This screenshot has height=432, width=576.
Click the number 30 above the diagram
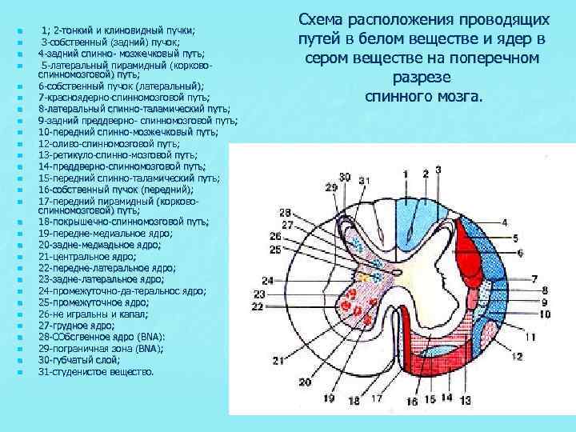coord(344,177)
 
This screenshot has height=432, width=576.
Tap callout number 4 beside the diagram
coord(505,222)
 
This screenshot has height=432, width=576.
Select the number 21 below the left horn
coord(279,362)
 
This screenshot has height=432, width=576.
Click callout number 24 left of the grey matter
coord(266,280)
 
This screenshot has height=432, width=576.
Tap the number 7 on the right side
coord(534,278)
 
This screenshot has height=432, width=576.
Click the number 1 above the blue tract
coord(406,174)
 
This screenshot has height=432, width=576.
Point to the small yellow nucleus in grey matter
coord(364,277)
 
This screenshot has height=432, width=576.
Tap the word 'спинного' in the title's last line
coord(395,97)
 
